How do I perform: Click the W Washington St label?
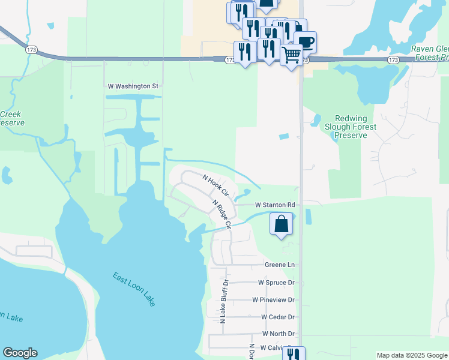133,86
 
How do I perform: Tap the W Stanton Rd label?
275,205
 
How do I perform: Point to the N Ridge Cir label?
221,214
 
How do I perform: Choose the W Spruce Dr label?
276,282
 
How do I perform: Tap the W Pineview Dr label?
274,299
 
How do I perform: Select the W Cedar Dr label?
278,317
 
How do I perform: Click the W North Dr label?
279,334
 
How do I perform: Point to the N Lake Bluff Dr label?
224,302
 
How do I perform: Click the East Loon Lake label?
134,289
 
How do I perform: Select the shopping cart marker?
291,55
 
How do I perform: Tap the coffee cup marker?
306,42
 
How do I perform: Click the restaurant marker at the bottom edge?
294,354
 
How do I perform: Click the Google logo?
20,353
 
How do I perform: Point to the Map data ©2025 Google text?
411,355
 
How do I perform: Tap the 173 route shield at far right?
393,61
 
